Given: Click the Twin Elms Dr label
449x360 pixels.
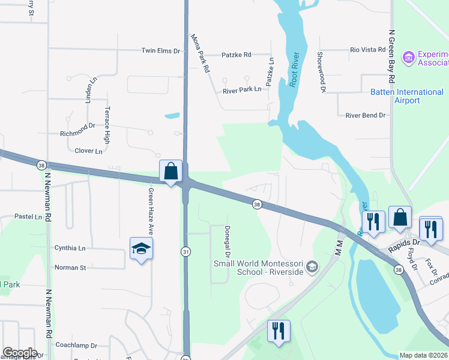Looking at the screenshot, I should [x=160, y=52].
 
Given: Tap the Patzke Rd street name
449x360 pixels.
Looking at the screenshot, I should [x=237, y=55].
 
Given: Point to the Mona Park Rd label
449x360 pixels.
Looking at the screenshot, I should [x=200, y=53].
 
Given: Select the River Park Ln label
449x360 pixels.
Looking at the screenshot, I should [x=242, y=89].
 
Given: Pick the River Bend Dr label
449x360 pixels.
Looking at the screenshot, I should [x=365, y=115].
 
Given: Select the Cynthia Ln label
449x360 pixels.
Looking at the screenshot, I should [x=70, y=248].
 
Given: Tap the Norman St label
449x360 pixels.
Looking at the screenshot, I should [x=70, y=268].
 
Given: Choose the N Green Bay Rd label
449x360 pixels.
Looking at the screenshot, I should [x=391, y=56].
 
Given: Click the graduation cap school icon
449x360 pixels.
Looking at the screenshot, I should [x=142, y=248].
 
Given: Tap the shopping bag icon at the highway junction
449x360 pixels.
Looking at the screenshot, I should [x=171, y=171].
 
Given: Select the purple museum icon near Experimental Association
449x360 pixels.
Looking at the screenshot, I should [x=409, y=58].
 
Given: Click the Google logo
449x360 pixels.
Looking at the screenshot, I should [x=20, y=353].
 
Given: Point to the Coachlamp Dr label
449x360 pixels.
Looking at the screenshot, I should [x=76, y=346].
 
